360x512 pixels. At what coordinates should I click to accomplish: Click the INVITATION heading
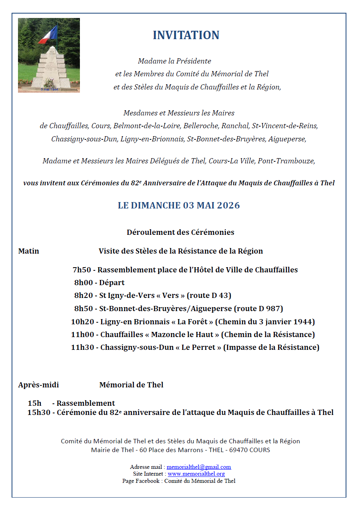tap(186, 35)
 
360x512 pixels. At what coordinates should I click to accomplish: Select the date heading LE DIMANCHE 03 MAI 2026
tap(179, 205)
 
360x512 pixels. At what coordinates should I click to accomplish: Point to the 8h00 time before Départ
tap(83, 283)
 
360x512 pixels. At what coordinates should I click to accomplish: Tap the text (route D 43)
tap(209, 296)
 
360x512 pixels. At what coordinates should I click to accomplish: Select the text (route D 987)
tap(259, 309)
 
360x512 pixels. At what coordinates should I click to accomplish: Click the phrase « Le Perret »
tap(201, 347)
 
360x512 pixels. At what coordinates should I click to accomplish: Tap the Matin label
tap(29, 251)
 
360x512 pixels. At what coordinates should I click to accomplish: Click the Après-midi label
tap(38, 385)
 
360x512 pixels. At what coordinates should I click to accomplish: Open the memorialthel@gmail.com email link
tap(199, 467)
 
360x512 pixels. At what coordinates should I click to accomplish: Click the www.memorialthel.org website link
tap(196, 474)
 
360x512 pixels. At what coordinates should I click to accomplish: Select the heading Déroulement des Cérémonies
tap(180, 232)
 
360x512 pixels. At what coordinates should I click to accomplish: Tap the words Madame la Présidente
tap(174, 61)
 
